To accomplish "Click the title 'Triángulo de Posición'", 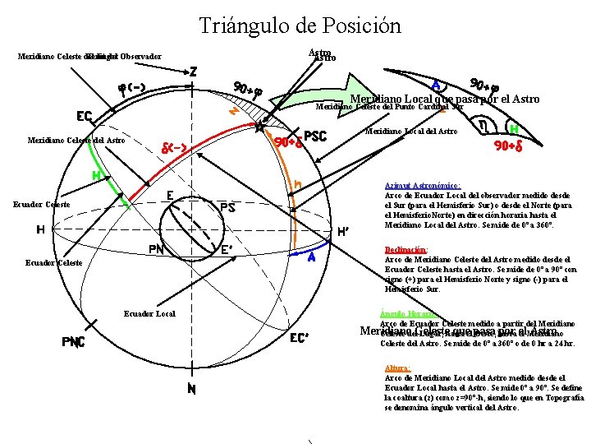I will (300, 25).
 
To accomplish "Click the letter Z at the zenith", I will (193, 72).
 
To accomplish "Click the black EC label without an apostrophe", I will (85, 115).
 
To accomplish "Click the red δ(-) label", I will (181, 148).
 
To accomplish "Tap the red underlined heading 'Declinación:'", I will (406, 249).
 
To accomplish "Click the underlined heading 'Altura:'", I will (397, 368).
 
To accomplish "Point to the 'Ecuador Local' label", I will (149, 313).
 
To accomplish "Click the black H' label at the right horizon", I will (347, 231).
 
